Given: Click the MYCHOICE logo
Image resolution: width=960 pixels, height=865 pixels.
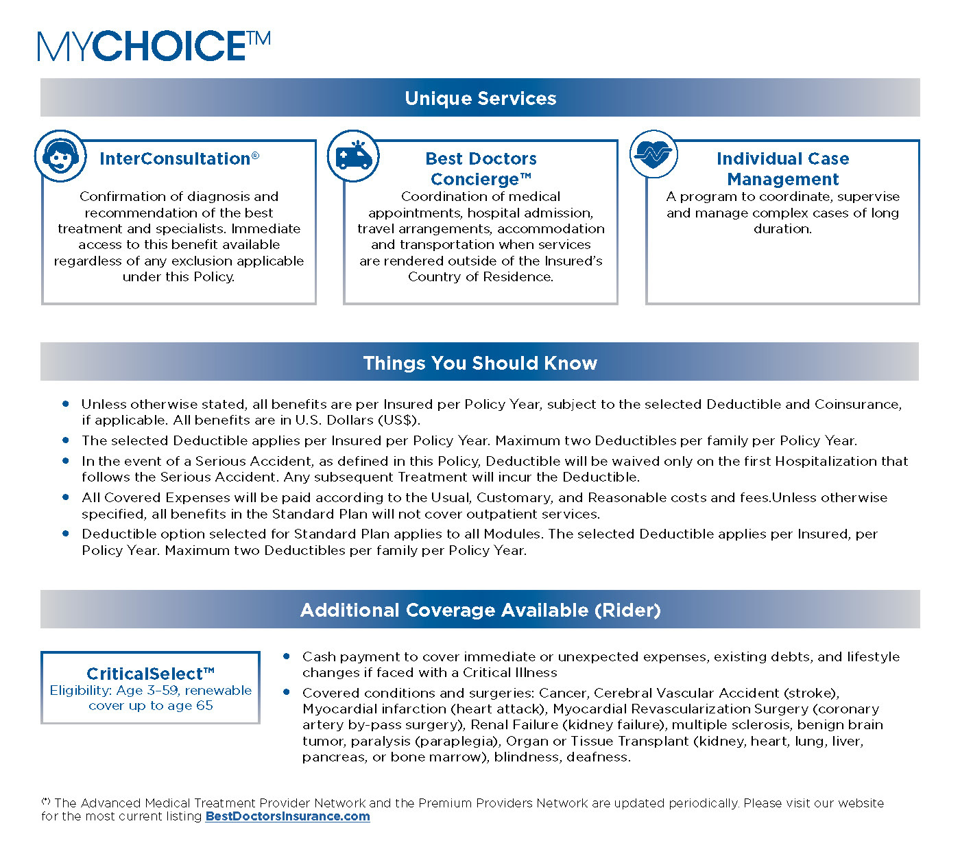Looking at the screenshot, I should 154,46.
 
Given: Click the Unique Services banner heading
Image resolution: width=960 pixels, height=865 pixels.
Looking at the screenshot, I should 480,98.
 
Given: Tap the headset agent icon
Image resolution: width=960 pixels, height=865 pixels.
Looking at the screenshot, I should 60,156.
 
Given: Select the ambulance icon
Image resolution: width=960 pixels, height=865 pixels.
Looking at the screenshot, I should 353,156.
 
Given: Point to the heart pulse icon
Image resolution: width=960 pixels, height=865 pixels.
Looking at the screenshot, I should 653,154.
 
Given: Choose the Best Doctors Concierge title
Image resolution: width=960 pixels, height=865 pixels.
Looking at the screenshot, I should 481,169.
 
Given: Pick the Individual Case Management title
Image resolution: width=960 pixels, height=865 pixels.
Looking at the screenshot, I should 782,169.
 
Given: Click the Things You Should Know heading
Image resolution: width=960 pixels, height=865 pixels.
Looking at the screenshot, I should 480,363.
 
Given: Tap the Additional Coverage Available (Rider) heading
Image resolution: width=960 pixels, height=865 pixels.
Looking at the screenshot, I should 480,610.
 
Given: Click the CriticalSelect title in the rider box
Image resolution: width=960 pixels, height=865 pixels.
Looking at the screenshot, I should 150,674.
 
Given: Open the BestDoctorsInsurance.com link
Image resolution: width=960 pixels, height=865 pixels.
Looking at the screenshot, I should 287,816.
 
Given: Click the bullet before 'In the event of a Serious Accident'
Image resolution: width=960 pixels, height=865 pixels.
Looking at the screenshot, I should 66,461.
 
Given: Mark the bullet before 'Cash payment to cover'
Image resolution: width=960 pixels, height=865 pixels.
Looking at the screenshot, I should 287,656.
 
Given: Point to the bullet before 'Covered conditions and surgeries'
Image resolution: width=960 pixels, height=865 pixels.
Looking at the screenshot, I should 287,692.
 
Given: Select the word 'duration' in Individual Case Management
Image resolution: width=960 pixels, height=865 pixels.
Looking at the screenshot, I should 782,229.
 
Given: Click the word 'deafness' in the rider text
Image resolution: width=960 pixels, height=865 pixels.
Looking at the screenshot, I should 601,757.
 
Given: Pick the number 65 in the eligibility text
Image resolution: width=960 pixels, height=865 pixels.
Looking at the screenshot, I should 204,705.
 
